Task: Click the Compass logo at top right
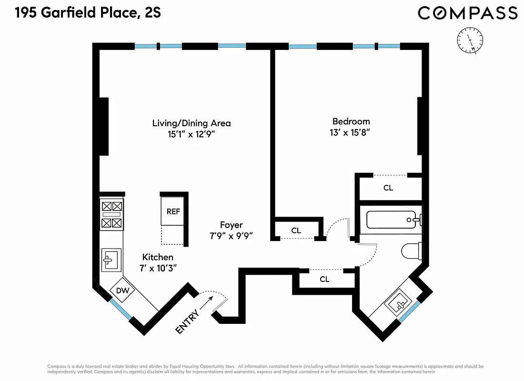point(467,13)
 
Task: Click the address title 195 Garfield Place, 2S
point(88,13)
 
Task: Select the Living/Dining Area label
point(191,123)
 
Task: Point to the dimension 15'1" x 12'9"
point(191,134)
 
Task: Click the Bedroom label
point(351,121)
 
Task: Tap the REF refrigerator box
point(173,211)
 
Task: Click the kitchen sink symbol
point(111,260)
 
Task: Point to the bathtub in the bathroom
point(393,220)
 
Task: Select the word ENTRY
point(186,322)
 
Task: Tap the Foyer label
point(231,225)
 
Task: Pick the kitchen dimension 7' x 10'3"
point(158,268)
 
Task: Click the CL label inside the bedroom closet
point(388,188)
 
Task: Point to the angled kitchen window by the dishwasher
point(120,310)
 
